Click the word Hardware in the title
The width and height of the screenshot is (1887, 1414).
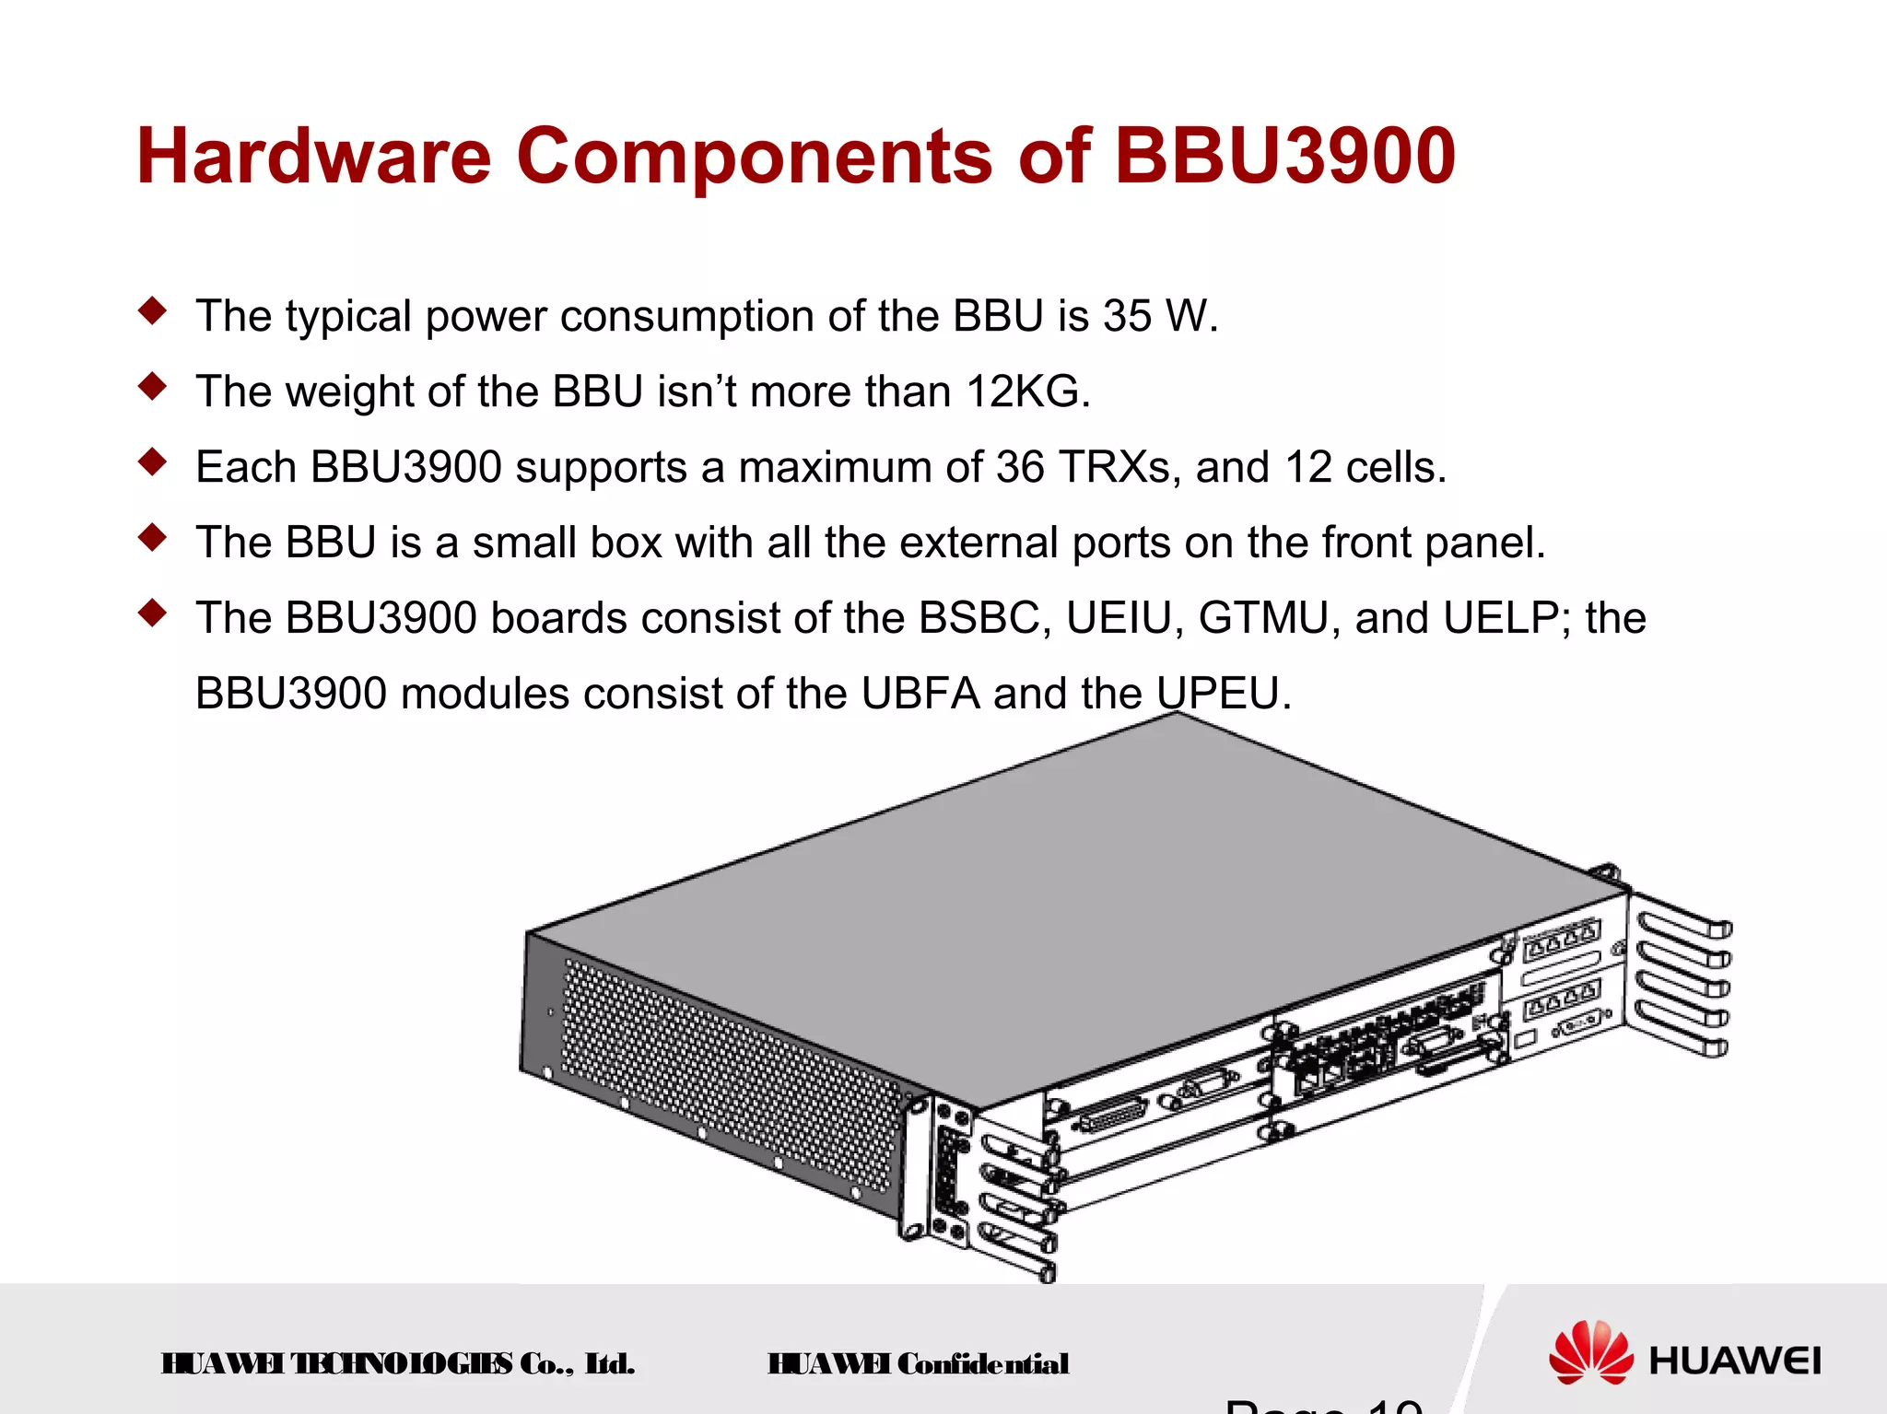(314, 156)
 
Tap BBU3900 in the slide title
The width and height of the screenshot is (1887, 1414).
(1284, 156)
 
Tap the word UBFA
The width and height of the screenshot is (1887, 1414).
(920, 694)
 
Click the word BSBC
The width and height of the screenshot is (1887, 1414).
(985, 618)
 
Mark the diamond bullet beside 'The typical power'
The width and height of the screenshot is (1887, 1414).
(153, 310)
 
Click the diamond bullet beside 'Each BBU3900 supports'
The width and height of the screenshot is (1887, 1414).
(153, 462)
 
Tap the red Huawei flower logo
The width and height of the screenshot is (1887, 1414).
(1589, 1351)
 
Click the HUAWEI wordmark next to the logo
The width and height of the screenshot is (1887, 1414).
(1734, 1361)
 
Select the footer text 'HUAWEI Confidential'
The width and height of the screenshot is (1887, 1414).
(918, 1363)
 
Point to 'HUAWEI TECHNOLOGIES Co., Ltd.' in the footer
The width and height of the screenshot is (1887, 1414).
(397, 1363)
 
